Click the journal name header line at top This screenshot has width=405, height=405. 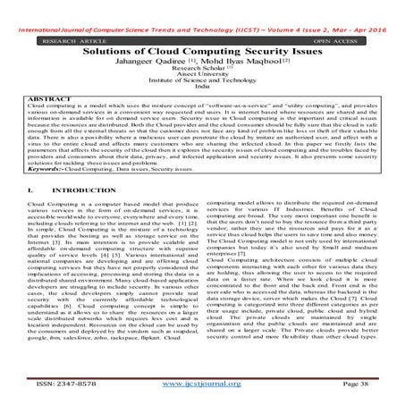click(x=202, y=8)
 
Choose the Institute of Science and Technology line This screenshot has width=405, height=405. click(x=202, y=71)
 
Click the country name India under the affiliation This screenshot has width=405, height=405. click(x=202, y=78)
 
